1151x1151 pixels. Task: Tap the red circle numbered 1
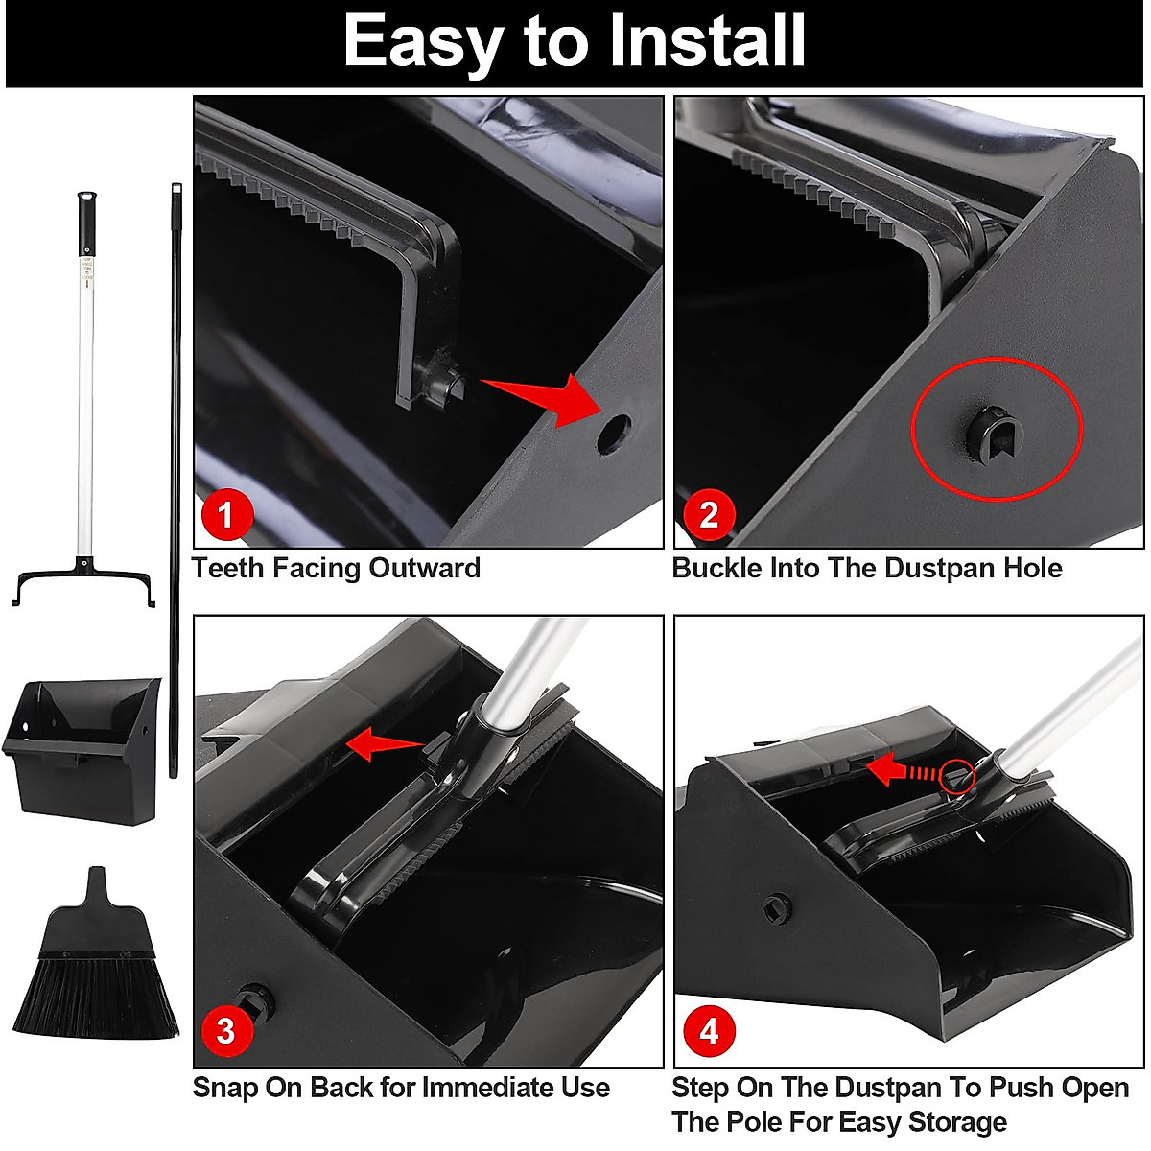227,513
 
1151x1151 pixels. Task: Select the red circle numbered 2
709,513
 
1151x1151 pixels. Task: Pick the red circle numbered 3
227,1031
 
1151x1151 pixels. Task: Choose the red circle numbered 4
709,1031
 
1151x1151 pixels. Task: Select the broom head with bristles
96,953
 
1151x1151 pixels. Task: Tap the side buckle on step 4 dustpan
777,908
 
